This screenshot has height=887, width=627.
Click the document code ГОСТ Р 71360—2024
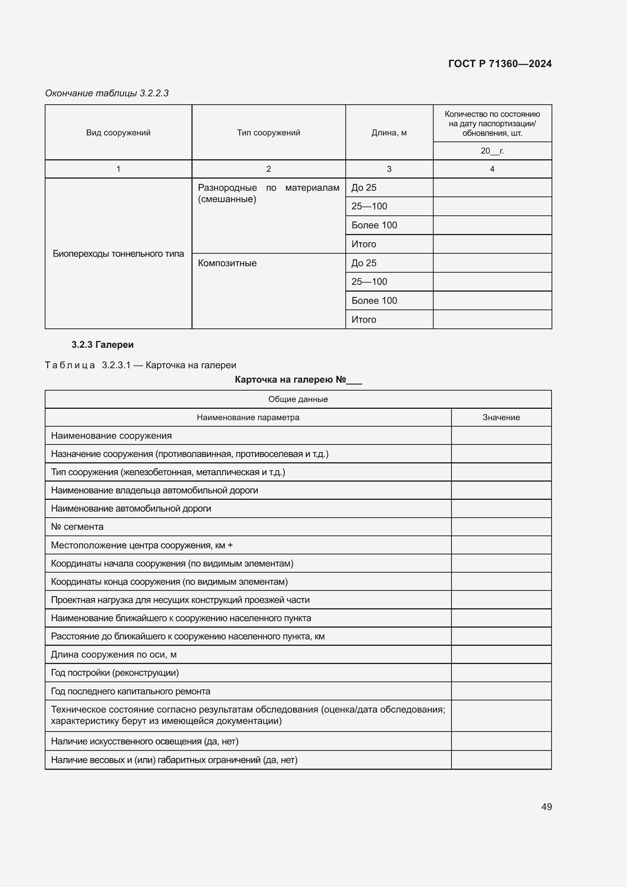(500, 64)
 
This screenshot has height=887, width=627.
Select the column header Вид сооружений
(118, 132)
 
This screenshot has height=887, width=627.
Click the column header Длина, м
(389, 132)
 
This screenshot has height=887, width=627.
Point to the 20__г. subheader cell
(492, 151)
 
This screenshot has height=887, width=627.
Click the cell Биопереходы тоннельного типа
(118, 253)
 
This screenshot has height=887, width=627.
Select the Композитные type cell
(227, 263)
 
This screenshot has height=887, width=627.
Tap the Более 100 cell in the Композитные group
(374, 301)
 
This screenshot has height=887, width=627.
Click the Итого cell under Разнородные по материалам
(364, 244)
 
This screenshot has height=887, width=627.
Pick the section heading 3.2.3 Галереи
(102, 345)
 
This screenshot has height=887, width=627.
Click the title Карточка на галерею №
(298, 380)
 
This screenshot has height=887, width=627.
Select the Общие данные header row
(298, 399)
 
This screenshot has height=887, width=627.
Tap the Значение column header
(501, 417)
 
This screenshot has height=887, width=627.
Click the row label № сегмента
(77, 527)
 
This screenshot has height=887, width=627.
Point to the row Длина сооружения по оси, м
(113, 655)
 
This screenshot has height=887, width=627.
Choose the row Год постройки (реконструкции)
(114, 673)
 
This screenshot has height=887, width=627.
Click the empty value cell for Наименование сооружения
(501, 435)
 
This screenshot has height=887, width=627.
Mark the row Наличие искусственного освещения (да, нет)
(144, 741)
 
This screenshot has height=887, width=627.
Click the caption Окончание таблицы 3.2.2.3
(107, 93)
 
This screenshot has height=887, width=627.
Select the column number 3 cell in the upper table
(389, 169)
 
